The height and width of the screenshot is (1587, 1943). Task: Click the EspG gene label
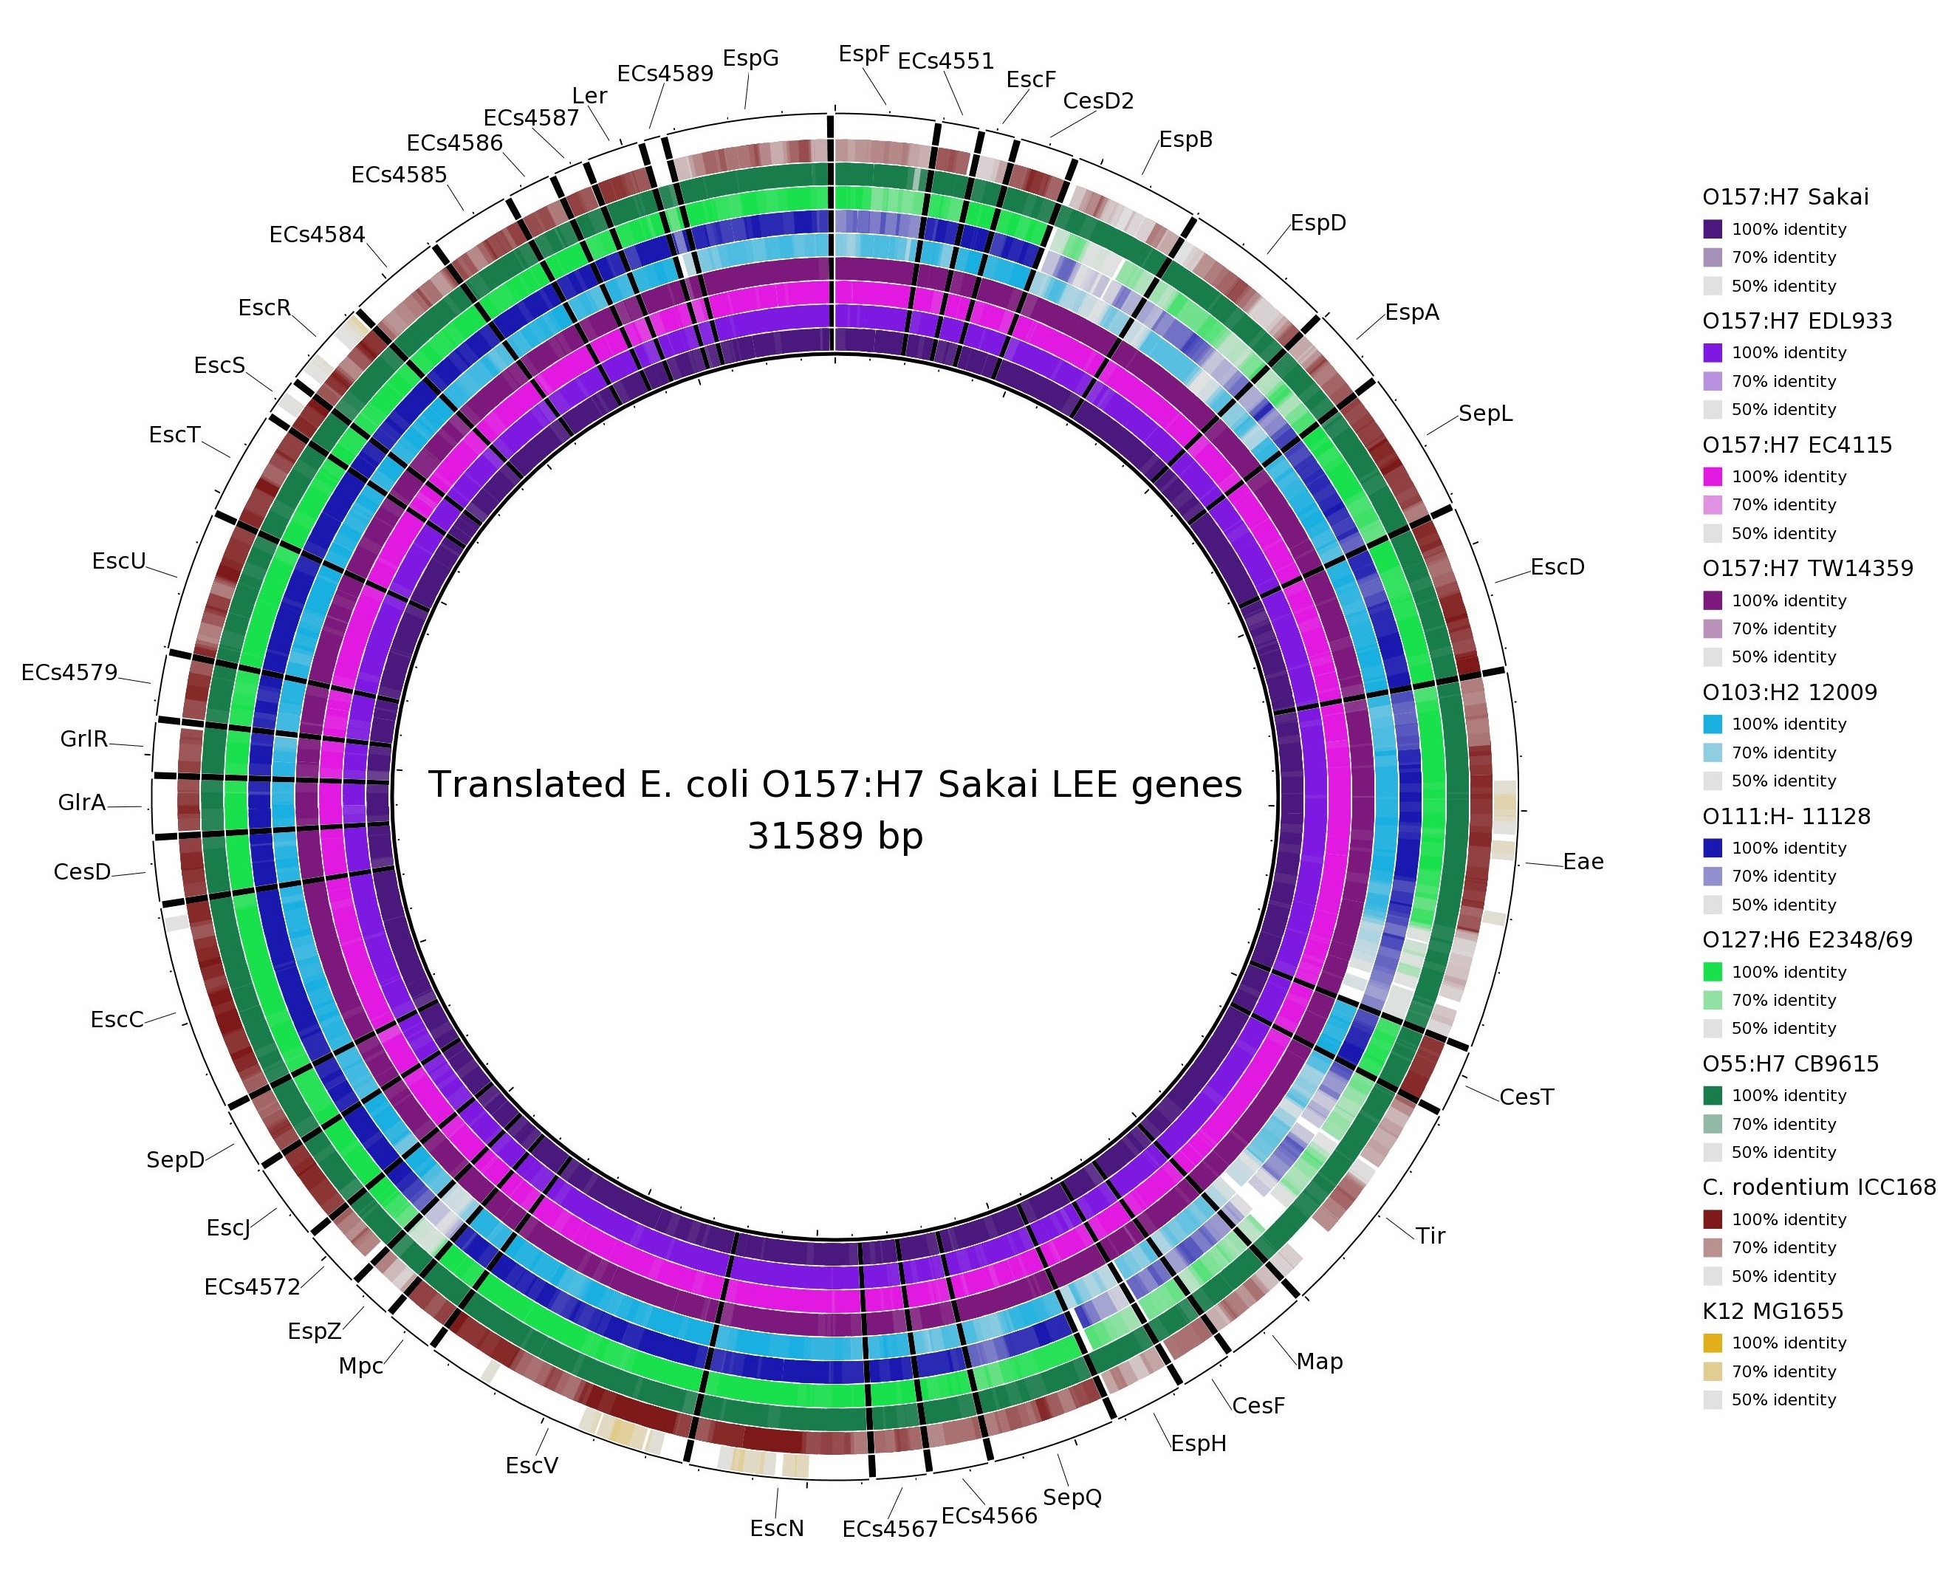pyautogui.click(x=750, y=58)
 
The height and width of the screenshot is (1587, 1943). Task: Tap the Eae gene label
pyautogui.click(x=1583, y=861)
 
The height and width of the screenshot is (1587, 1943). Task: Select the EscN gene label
pyautogui.click(x=776, y=1528)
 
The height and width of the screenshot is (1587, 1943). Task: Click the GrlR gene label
pyautogui.click(x=84, y=738)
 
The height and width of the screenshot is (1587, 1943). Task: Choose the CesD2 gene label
pyautogui.click(x=1098, y=100)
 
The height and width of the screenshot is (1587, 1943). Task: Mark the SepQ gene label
pyautogui.click(x=1072, y=1496)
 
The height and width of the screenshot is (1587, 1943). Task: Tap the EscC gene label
pyautogui.click(x=117, y=1019)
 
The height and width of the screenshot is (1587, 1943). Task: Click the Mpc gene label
pyautogui.click(x=360, y=1365)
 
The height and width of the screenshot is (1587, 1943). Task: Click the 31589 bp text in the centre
pyautogui.click(x=835, y=835)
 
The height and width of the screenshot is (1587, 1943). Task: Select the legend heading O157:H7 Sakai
pyautogui.click(x=1785, y=196)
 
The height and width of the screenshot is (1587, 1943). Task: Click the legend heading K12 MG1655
pyautogui.click(x=1772, y=1311)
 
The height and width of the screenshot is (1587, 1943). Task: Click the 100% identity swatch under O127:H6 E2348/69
pyautogui.click(x=1713, y=972)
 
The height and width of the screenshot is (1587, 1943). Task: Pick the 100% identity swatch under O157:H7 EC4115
pyautogui.click(x=1713, y=476)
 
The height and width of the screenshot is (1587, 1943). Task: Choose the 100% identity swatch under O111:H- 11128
pyautogui.click(x=1713, y=848)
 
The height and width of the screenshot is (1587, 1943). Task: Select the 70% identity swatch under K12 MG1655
pyautogui.click(x=1713, y=1371)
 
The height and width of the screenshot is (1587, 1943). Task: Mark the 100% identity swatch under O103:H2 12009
pyautogui.click(x=1713, y=724)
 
